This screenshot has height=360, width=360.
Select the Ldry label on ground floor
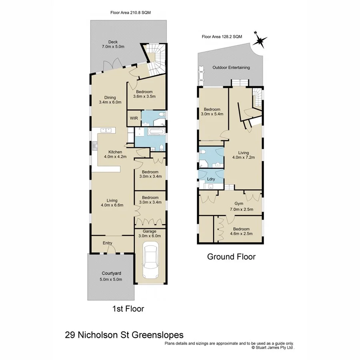tap(212, 179)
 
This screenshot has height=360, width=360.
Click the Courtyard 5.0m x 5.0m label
tap(111, 276)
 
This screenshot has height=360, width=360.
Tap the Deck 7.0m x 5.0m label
tap(113, 44)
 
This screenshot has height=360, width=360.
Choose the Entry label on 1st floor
tap(107, 243)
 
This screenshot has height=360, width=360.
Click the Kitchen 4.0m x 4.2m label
tap(115, 154)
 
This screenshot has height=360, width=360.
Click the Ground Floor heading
tap(231, 256)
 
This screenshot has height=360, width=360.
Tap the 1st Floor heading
tap(128, 308)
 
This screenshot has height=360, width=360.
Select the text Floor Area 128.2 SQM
tap(222, 36)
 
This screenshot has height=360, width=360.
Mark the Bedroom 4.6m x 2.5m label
tap(241, 231)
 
